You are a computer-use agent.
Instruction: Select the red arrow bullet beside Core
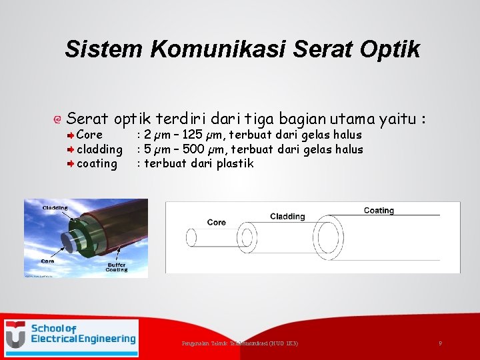pos(71,135)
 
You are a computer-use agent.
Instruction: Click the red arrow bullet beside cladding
pos(71,149)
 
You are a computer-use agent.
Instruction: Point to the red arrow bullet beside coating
pos(71,163)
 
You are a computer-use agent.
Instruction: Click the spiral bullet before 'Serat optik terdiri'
pos(58,120)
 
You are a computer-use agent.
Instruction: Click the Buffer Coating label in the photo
pos(117,267)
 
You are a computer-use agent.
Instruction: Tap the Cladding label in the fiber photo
pos(55,208)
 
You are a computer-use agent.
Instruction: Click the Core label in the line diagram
pos(217,223)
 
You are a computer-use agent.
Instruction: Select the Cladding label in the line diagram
pos(287,217)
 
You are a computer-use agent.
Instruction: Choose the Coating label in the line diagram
pos(379,211)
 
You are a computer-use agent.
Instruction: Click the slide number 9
pos(440,343)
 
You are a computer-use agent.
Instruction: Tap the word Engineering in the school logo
pos(105,339)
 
